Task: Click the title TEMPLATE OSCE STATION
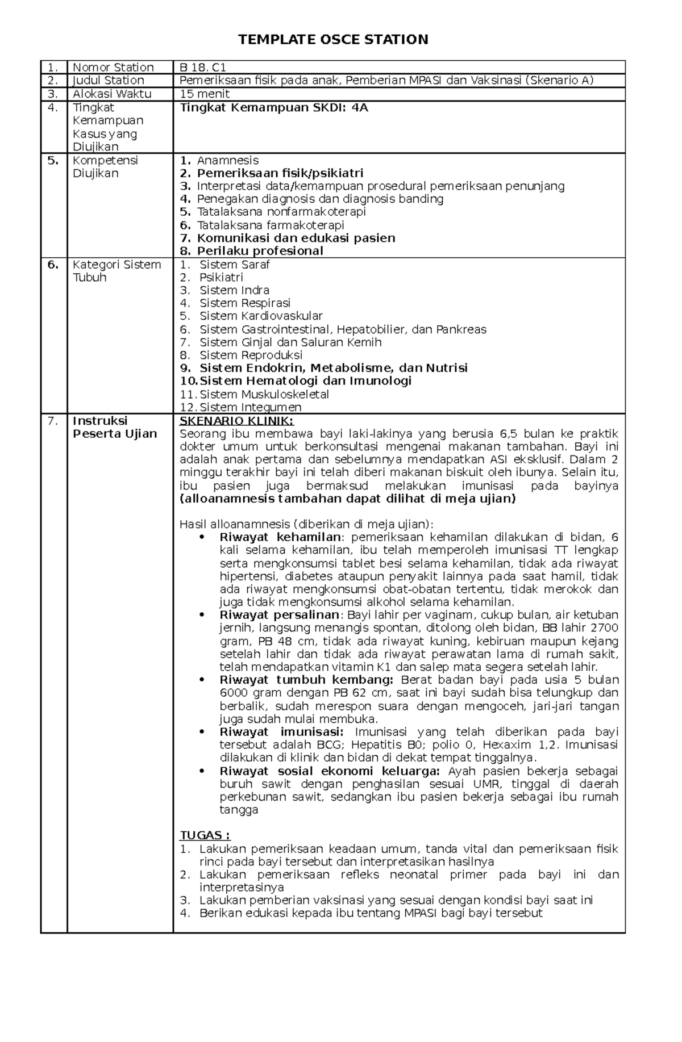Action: pos(333,39)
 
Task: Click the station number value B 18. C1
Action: pos(203,67)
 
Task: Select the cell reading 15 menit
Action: pos(204,94)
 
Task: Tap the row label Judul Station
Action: pos(108,80)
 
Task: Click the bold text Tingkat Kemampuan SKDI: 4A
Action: pos(274,107)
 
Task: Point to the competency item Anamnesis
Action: pos(227,160)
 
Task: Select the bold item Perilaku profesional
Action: pos(260,250)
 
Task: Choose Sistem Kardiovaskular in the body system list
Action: pos(261,316)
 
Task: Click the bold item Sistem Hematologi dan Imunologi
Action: pos(305,380)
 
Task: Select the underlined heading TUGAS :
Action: pos(205,835)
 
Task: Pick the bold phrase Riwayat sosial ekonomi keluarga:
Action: pos(330,771)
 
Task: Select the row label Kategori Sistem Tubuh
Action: pos(116,271)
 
